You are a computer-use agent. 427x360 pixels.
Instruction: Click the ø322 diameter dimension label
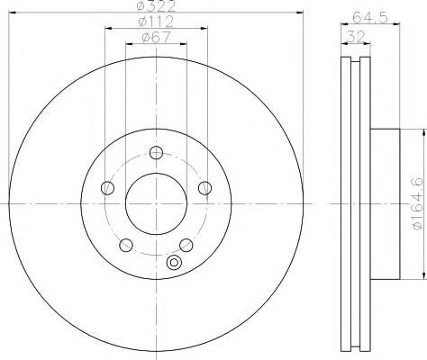[156, 6]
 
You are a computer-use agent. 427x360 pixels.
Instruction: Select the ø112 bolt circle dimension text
[156, 22]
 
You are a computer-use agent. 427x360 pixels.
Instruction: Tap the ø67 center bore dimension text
[156, 37]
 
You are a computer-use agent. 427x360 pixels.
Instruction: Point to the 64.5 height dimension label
[370, 17]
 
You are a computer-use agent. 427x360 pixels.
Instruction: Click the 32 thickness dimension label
[356, 37]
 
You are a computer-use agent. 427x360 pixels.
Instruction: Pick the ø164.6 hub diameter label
[418, 203]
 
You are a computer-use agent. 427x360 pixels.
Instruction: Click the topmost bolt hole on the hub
[156, 153]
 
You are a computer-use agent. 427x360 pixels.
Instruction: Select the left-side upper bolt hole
[108, 188]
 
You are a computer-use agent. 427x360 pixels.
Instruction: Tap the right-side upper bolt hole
[204, 188]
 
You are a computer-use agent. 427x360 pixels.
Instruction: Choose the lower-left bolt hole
[126, 245]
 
